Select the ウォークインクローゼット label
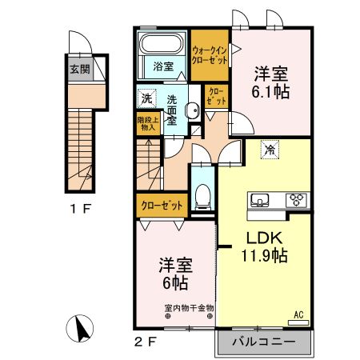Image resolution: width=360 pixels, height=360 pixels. point(210,55)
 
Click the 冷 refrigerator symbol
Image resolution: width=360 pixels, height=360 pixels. point(270,149)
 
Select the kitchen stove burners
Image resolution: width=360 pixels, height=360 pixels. point(298,200)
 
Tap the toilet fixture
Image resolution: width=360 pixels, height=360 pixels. point(203,193)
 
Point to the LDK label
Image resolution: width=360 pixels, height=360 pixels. point(261,239)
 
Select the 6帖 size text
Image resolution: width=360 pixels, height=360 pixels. point(174,283)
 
